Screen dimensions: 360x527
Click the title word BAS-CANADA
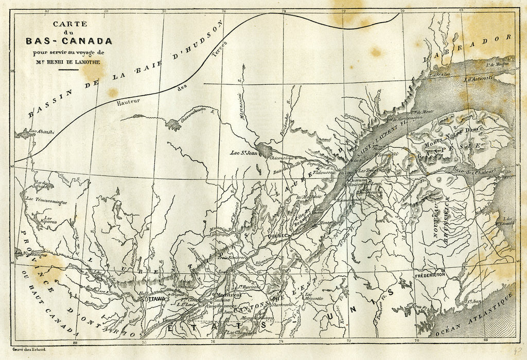(x=65, y=40)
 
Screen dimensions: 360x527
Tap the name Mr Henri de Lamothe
(x=65, y=62)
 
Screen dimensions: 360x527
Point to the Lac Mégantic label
(x=313, y=295)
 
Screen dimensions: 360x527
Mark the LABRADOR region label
(x=468, y=49)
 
